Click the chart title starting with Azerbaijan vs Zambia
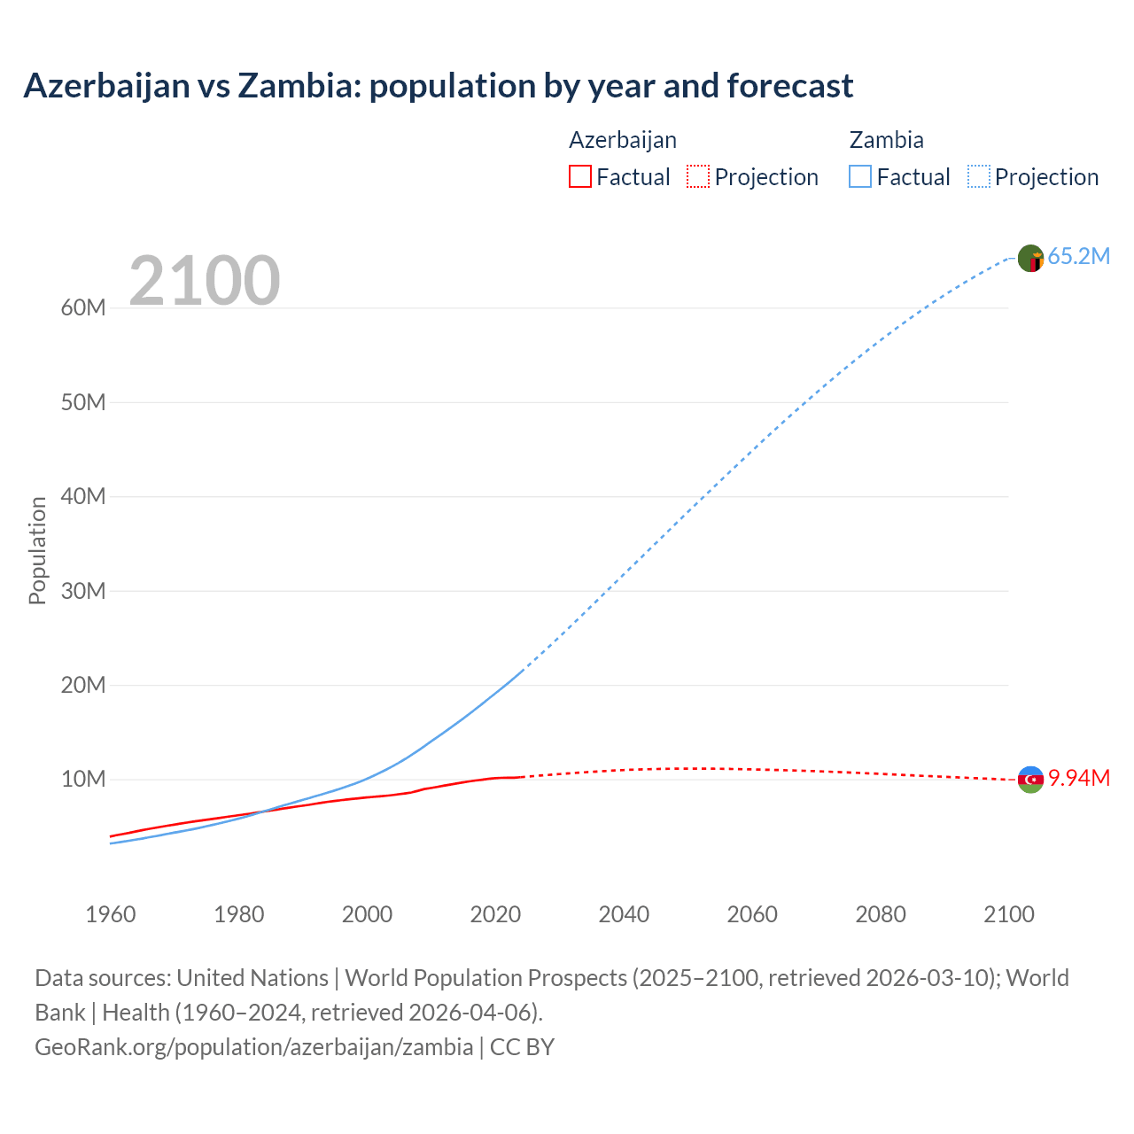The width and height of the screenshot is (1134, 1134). coord(438,86)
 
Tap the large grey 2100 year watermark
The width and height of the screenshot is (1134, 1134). coord(205,281)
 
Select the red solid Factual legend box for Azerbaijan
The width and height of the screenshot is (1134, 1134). coord(579,176)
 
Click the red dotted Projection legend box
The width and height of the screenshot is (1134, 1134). coord(698,176)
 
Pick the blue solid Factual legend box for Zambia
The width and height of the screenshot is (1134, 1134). coord(860,176)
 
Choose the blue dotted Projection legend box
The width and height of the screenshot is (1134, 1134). coord(979,176)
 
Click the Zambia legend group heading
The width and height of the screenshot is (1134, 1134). coord(886,140)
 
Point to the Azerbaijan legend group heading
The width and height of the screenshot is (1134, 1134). coord(622,140)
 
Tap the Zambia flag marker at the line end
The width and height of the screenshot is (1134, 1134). coord(1030,258)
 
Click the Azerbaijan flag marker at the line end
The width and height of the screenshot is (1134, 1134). coord(1030,780)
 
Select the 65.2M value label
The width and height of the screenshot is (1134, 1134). coord(1078,256)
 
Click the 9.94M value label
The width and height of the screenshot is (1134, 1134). coord(1078,778)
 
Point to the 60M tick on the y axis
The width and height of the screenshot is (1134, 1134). coord(83,307)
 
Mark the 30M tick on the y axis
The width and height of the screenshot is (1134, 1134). coord(83,591)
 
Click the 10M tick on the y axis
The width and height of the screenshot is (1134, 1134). coord(83,780)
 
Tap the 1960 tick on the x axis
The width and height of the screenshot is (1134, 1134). coord(111,914)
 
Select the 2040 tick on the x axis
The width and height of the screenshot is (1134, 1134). coord(624,914)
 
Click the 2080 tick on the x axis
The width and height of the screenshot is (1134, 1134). coord(881,914)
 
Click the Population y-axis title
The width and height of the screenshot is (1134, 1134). coord(37,550)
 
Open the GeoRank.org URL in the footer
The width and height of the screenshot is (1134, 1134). coord(253,1047)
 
